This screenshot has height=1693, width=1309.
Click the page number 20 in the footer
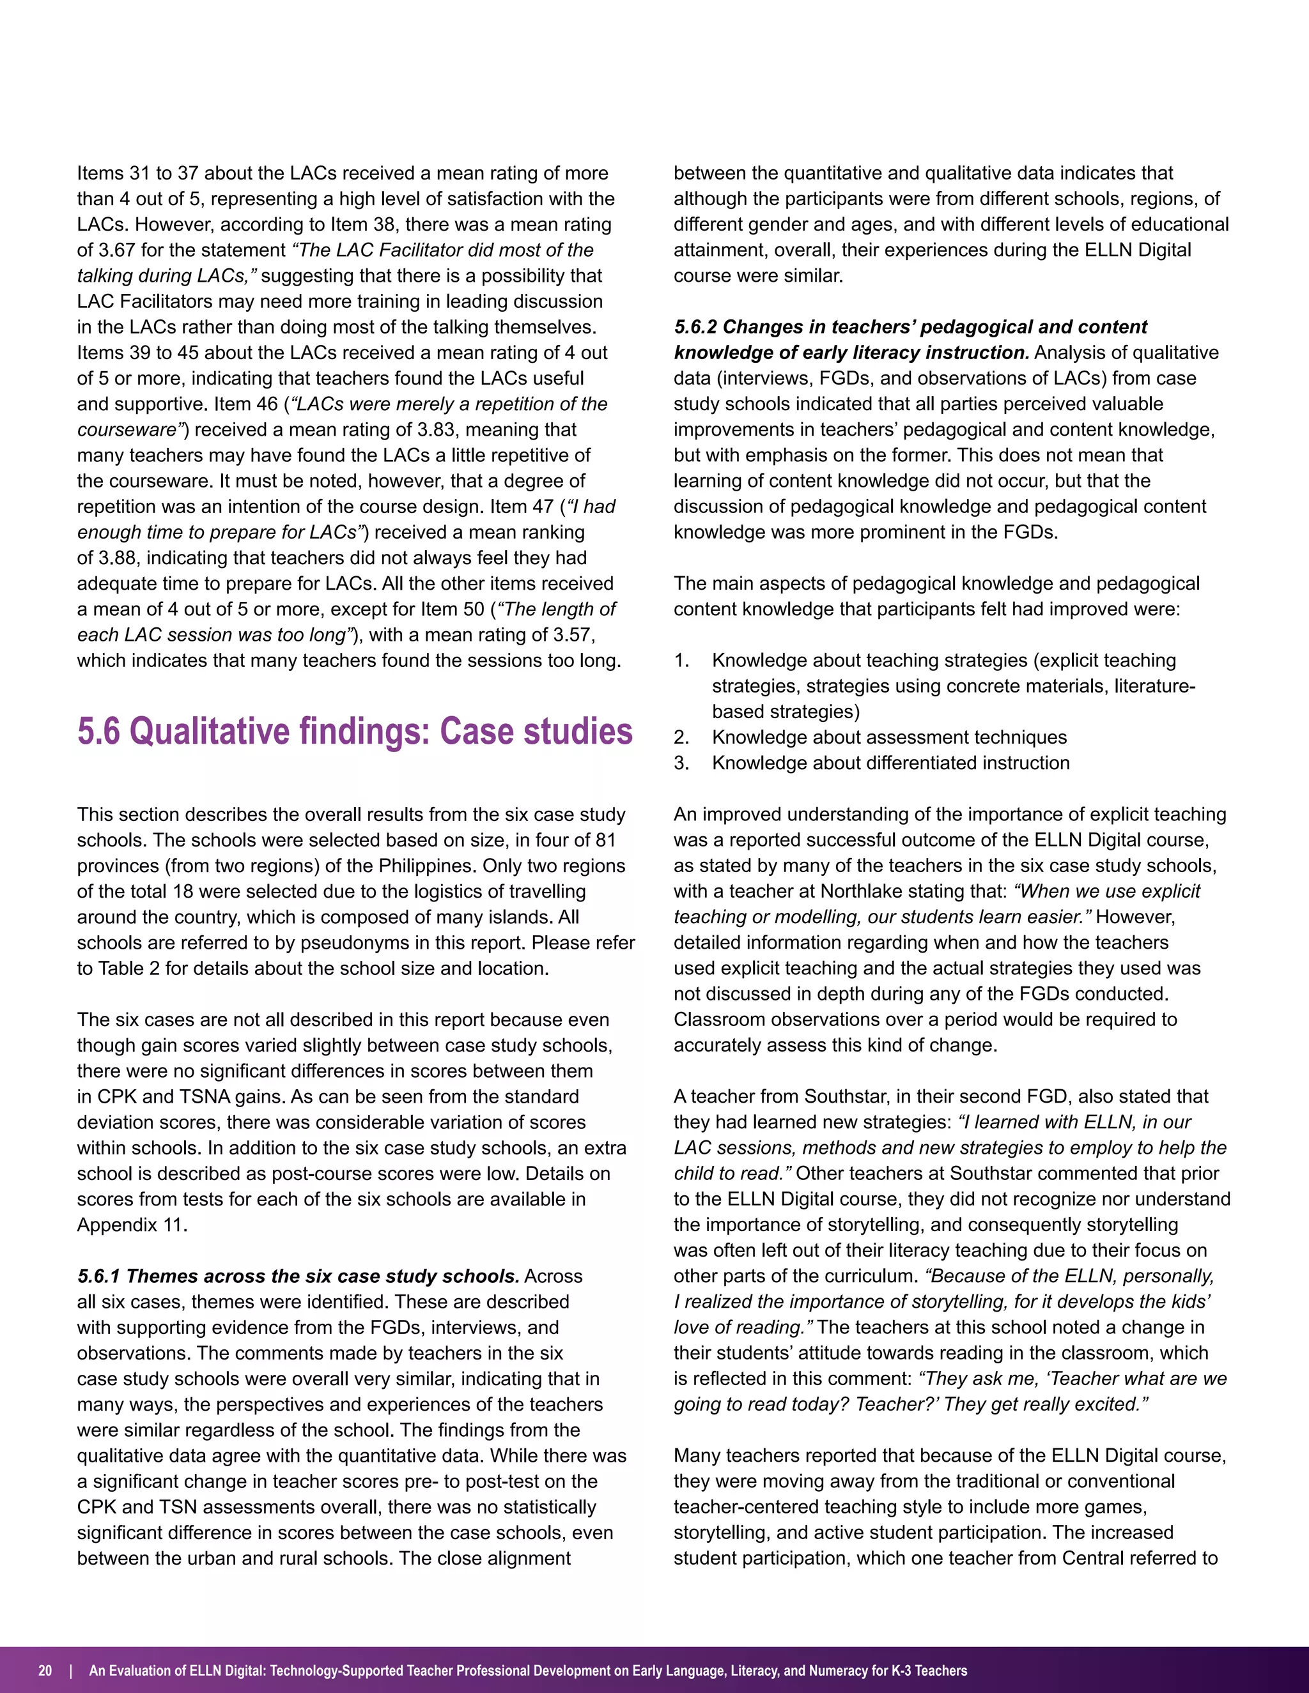pos(45,1671)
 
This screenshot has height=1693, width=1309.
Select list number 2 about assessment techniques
pos(681,737)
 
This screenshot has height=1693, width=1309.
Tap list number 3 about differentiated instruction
pos(681,763)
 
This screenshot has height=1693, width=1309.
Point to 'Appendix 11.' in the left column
pos(132,1225)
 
